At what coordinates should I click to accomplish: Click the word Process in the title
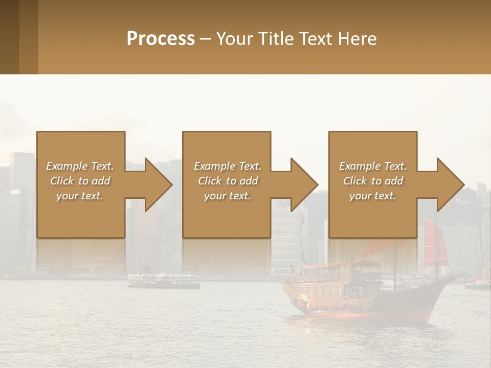161,38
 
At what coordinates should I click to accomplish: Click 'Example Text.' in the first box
80,166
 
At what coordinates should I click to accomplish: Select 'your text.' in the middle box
228,196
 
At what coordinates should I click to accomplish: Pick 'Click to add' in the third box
373,181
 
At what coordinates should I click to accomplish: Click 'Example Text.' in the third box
373,166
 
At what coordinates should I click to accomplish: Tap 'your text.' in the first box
80,196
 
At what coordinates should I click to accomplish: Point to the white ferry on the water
163,280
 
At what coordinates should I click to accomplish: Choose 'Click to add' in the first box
80,181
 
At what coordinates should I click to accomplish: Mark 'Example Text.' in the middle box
228,166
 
